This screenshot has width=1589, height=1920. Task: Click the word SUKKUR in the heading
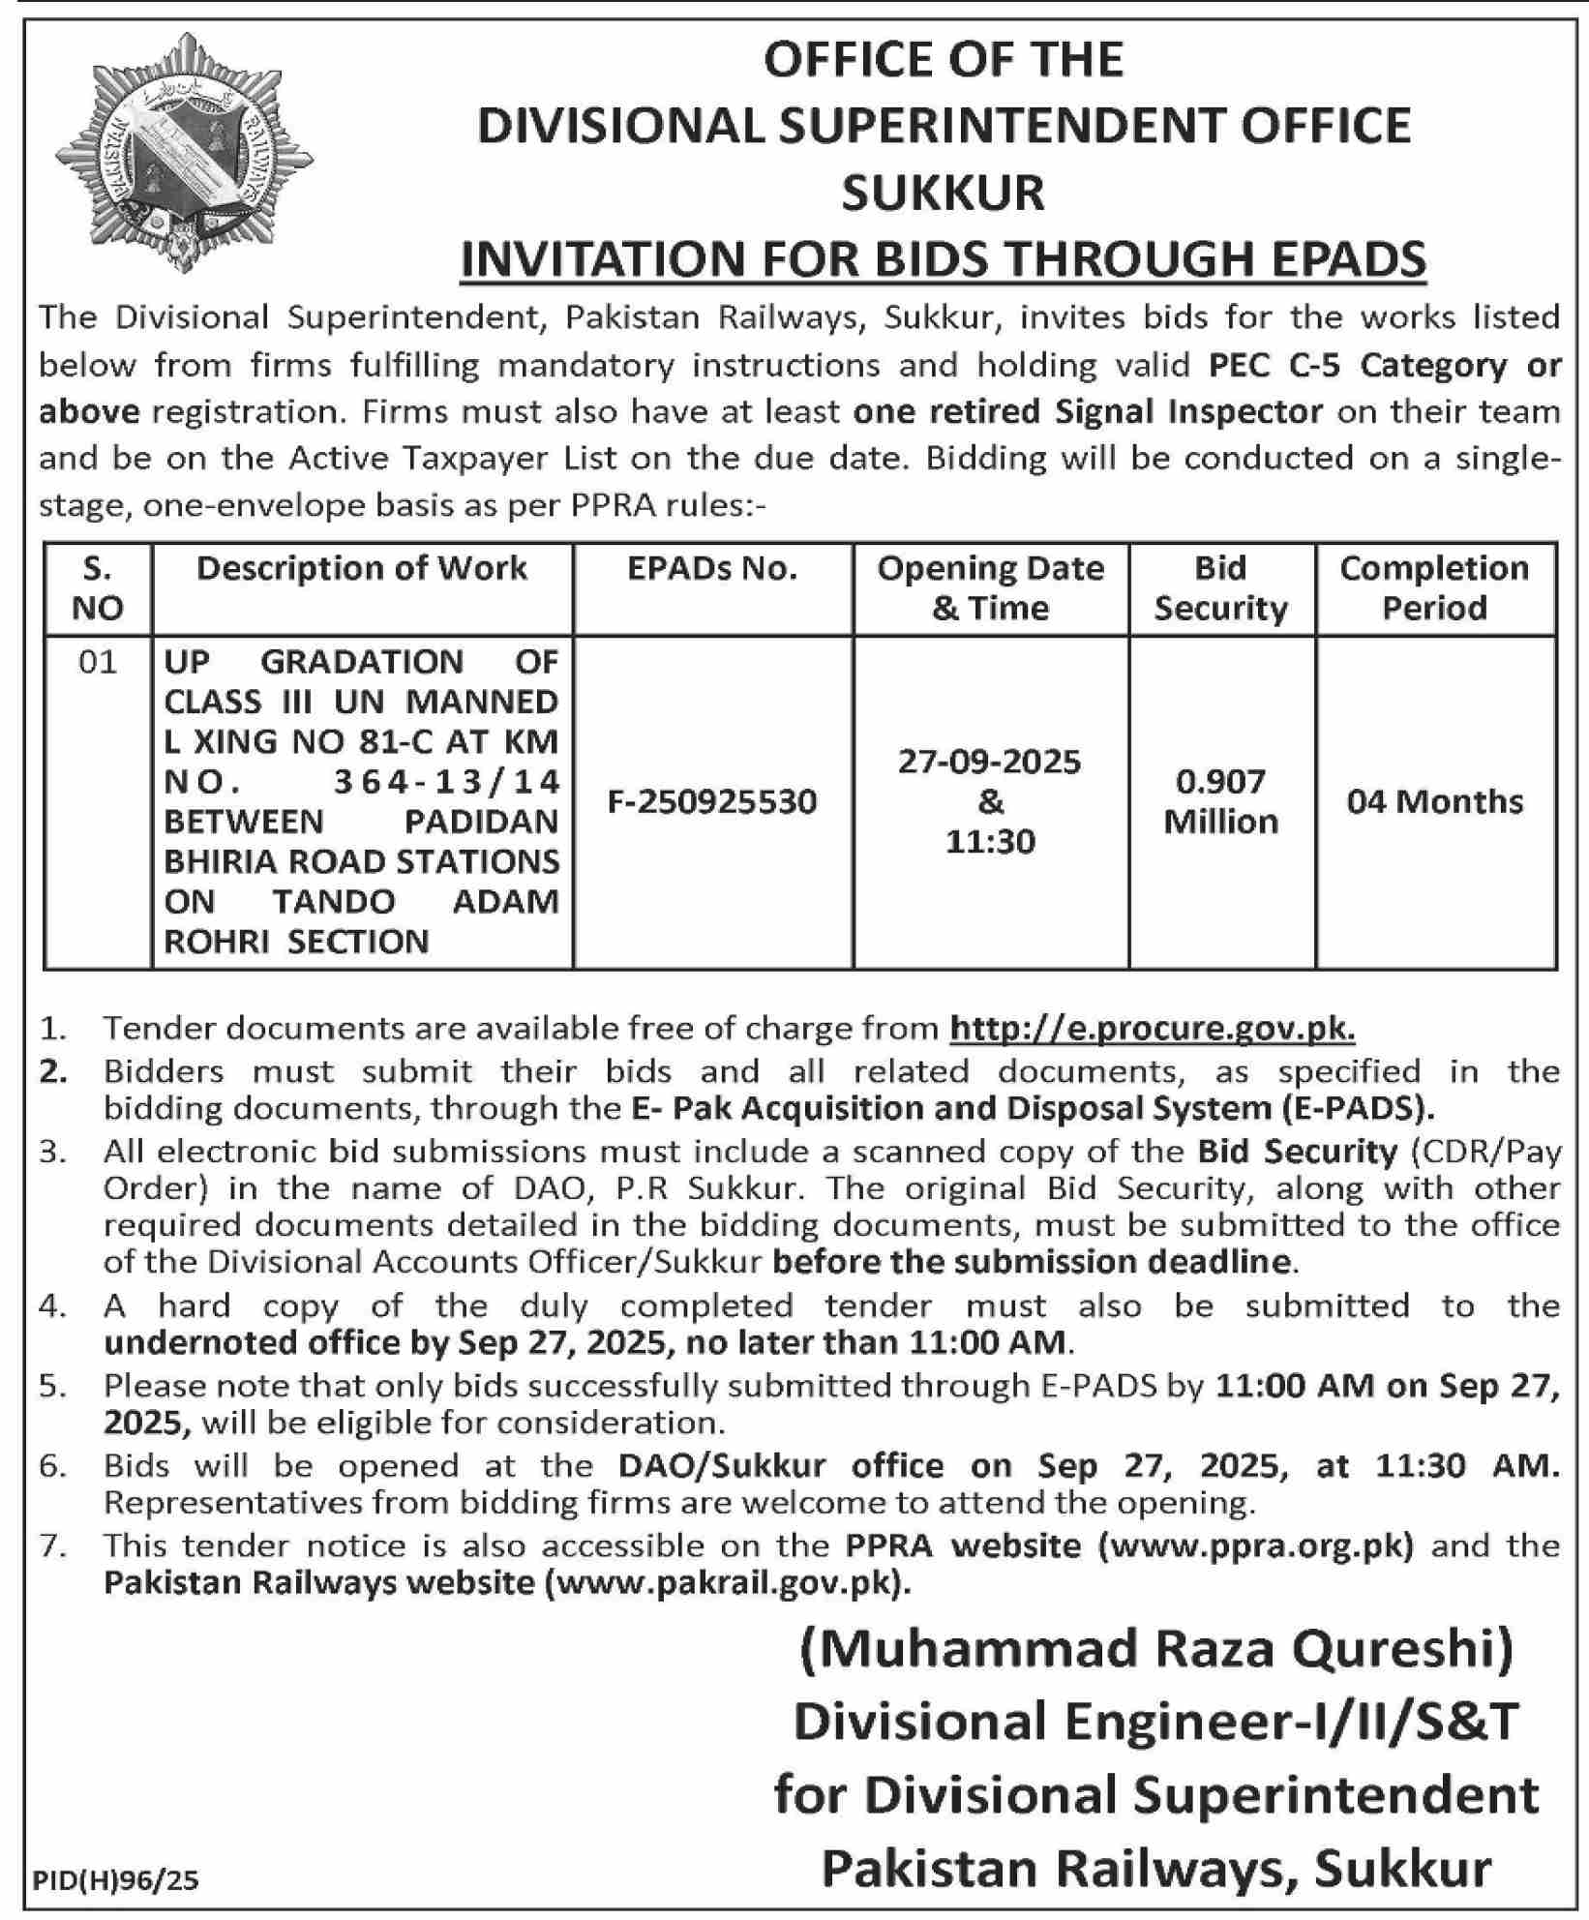[x=943, y=192]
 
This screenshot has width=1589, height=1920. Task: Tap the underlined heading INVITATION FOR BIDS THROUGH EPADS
[x=943, y=258]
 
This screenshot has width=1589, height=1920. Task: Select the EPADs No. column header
[x=712, y=569]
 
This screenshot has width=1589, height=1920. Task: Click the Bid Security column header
[x=1221, y=587]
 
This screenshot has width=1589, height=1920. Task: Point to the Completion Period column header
[x=1434, y=587]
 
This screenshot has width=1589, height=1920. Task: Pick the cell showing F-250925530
[x=712, y=801]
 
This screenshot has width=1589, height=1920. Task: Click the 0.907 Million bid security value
[x=1221, y=801]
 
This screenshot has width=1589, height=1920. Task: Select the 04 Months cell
[x=1434, y=801]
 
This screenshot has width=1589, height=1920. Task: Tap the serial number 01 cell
[x=98, y=662]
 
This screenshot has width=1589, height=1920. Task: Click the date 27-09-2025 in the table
[x=989, y=763]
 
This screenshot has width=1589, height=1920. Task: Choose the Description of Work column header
[x=362, y=569]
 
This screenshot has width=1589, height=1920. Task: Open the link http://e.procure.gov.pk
[x=1152, y=1028]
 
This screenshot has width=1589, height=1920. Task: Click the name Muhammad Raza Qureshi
[x=1156, y=1651]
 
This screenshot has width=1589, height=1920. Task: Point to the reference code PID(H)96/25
[x=116, y=1879]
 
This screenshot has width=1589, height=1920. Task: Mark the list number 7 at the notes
[x=52, y=1545]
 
